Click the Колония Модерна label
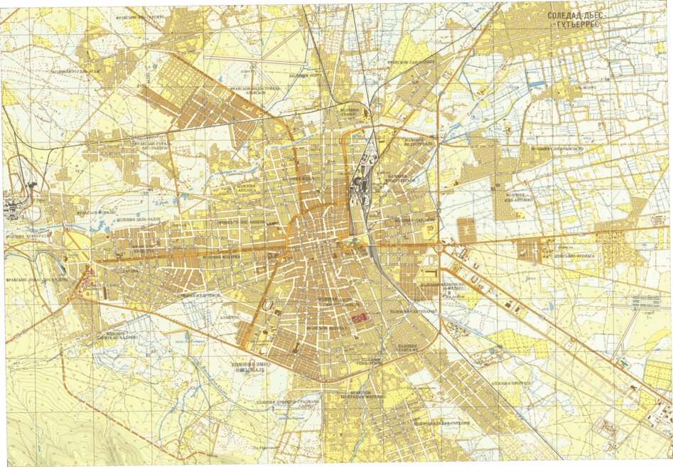[223, 257]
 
